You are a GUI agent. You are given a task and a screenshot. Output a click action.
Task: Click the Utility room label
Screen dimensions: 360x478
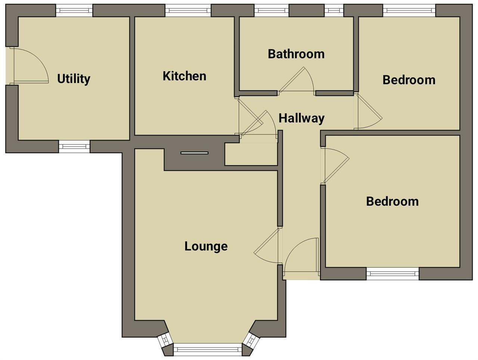click(74, 79)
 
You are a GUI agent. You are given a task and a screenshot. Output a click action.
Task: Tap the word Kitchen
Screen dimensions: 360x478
click(184, 76)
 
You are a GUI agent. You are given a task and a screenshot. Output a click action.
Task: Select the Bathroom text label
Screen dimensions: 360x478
click(296, 54)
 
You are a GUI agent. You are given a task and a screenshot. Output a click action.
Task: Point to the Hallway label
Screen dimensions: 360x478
click(301, 118)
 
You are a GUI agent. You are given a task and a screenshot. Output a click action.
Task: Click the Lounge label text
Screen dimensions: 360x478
click(206, 246)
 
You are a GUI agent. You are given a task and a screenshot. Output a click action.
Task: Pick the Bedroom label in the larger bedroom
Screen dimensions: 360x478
click(392, 201)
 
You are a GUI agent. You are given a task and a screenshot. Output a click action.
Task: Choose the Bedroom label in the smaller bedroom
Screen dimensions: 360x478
click(409, 80)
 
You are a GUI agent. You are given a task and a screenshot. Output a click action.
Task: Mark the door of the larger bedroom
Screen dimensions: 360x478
click(335, 164)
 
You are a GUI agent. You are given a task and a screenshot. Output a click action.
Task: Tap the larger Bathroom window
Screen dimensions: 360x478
click(271, 10)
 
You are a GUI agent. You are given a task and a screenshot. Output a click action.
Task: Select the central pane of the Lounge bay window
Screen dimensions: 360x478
click(208, 349)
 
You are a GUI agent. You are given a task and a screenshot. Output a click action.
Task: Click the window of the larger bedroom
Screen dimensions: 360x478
click(392, 273)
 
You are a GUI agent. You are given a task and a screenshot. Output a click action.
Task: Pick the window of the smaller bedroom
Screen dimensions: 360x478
click(409, 10)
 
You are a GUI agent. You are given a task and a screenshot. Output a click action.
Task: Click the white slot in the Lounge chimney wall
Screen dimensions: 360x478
click(194, 153)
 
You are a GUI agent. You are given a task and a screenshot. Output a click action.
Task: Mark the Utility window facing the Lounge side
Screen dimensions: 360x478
click(74, 147)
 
